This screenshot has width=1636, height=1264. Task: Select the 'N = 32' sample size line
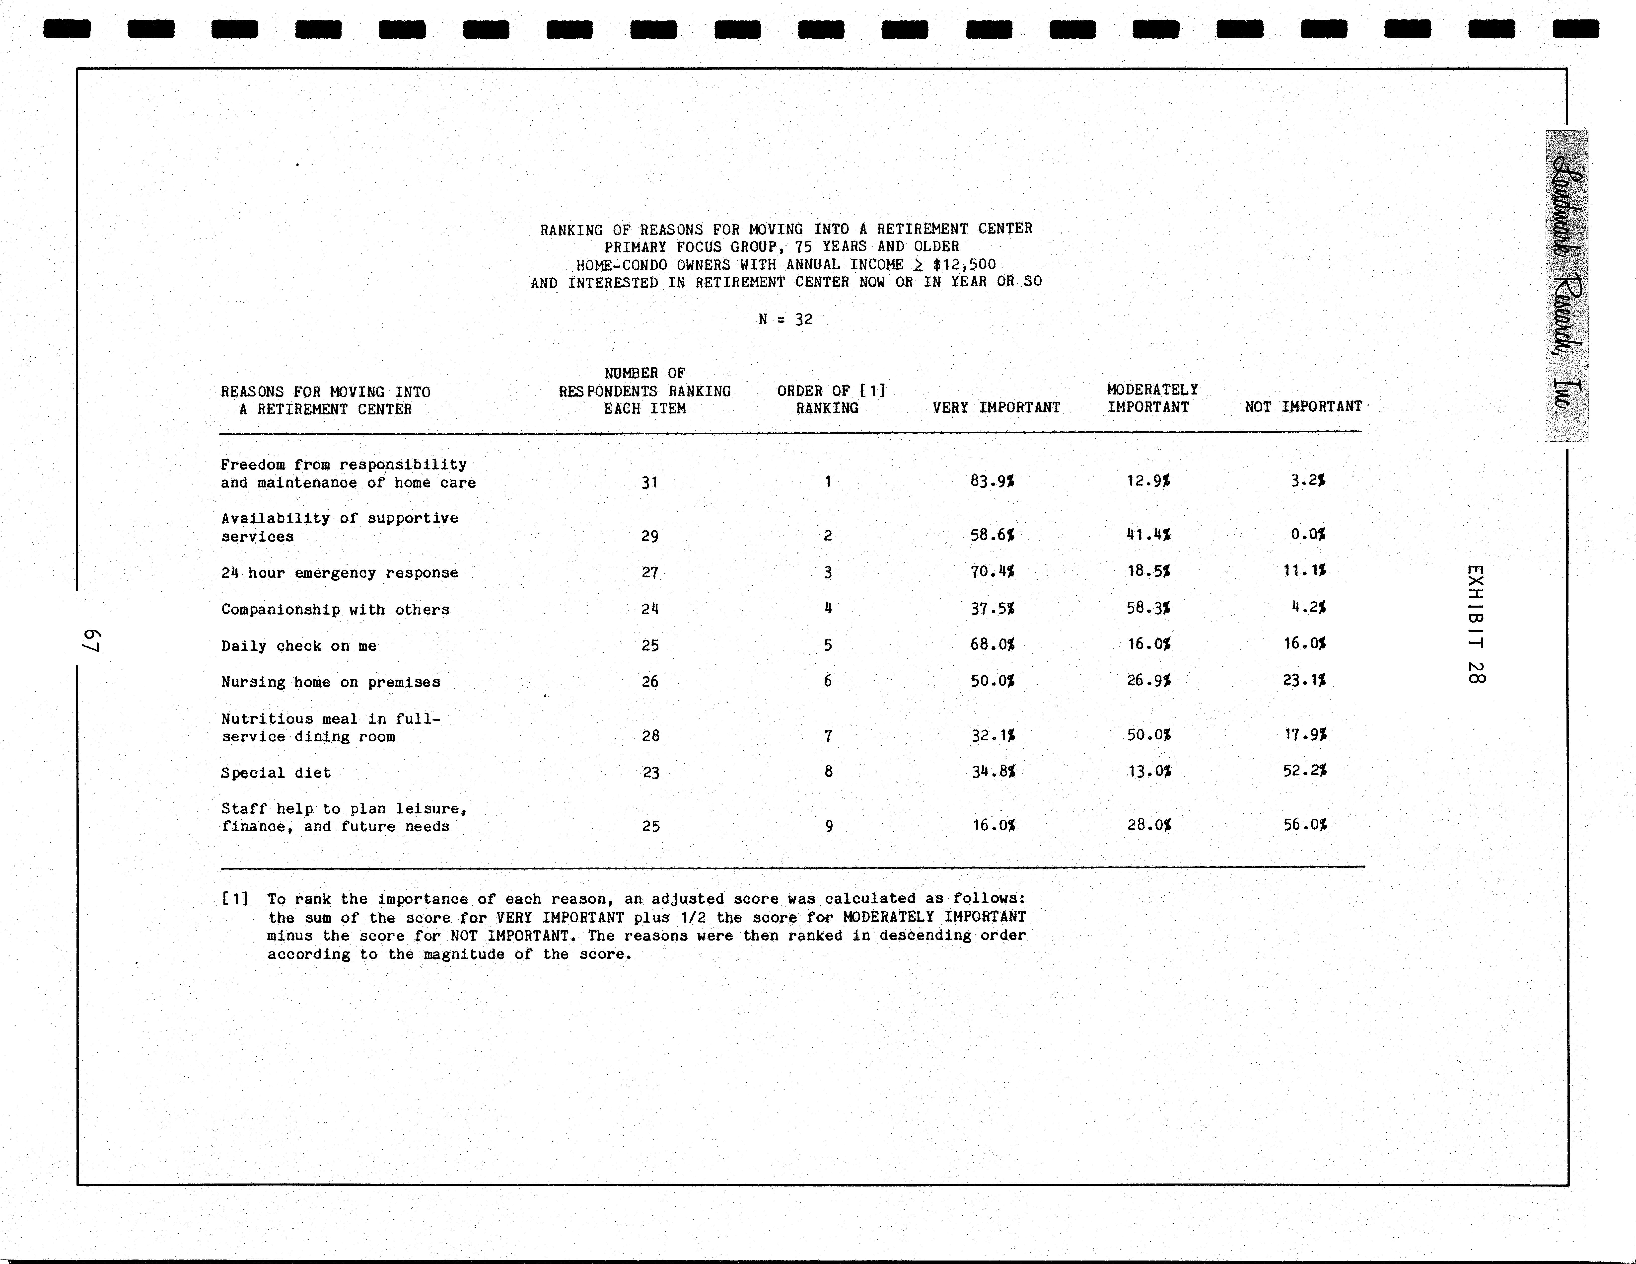[x=785, y=319]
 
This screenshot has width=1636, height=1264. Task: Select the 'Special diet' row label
[x=276, y=773]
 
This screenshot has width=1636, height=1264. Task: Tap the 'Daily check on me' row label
[x=299, y=646]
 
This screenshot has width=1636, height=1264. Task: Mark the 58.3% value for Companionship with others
[x=1148, y=608]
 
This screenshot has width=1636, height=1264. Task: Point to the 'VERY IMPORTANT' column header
[x=996, y=408]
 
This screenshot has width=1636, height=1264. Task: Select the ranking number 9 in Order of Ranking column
[x=829, y=826]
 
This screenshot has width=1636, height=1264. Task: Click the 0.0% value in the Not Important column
[x=1308, y=534]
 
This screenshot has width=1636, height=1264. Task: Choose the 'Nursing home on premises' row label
[x=330, y=682]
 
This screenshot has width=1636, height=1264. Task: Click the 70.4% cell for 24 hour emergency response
[x=993, y=572]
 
